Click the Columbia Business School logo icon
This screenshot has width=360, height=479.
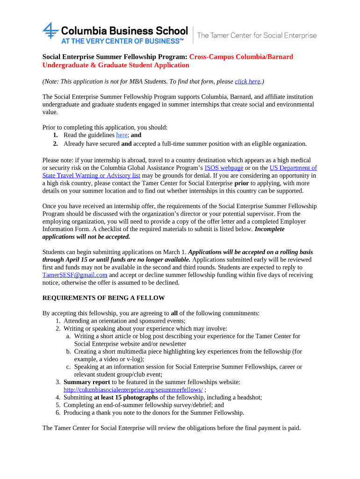pos(50,31)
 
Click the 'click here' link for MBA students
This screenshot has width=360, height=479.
pos(247,81)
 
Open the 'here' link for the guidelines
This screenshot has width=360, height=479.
pos(121,135)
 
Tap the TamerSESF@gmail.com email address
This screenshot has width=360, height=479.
pos(75,275)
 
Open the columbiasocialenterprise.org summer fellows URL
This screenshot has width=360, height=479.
pos(133,390)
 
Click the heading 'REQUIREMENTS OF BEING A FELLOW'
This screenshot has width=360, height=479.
pos(103,298)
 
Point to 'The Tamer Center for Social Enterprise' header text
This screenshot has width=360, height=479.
pos(257,36)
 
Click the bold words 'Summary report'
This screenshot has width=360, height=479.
pos(86,382)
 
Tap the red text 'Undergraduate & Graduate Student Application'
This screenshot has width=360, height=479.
pos(115,65)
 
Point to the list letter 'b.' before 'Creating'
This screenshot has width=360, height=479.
pos(68,351)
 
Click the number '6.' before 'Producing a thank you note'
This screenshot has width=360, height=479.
pos(58,413)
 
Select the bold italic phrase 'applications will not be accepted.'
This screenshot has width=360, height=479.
pos(86,237)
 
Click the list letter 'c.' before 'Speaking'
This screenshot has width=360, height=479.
pos(68,367)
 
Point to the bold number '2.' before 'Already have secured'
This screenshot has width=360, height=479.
pos(55,144)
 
